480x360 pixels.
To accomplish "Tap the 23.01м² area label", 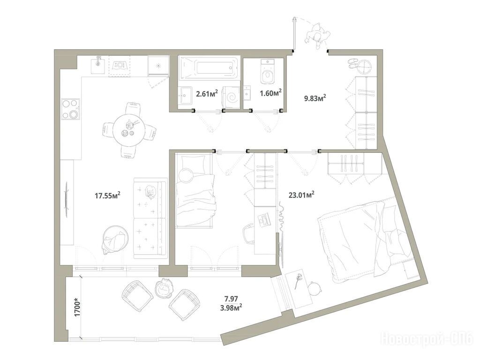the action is point(301,195).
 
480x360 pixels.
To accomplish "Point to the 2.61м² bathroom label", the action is point(207,93).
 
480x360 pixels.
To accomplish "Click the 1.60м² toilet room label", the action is point(270,93).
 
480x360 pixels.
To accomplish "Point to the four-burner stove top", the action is point(70,109).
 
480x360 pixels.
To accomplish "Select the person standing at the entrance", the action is point(317,36).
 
